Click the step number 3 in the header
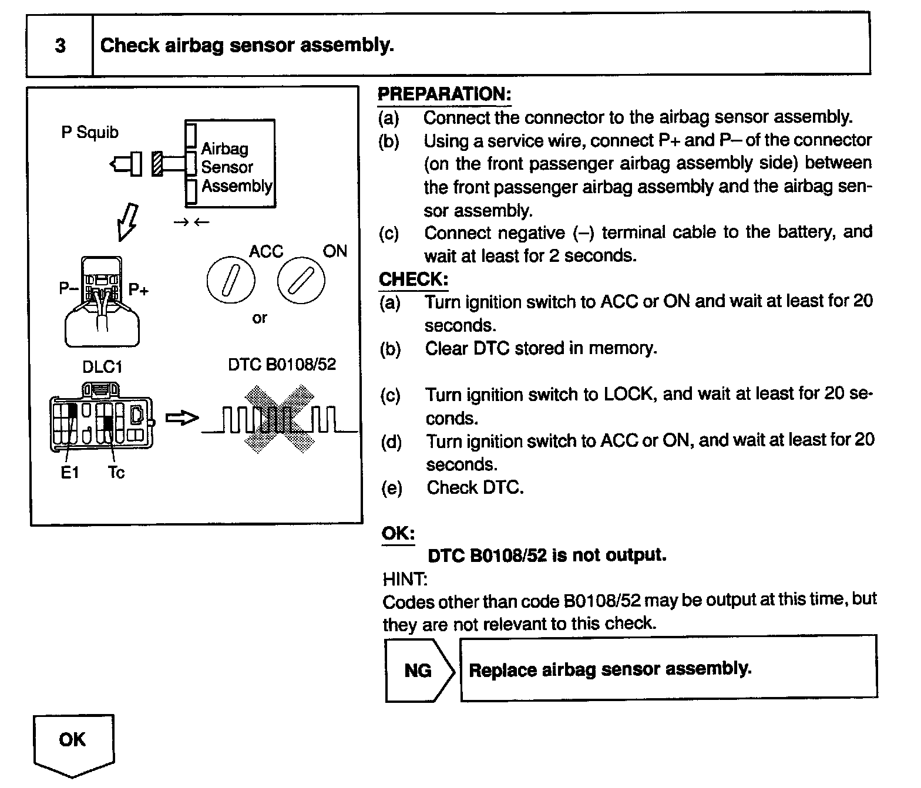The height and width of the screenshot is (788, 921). coord(60,46)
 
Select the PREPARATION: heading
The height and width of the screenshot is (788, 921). coord(444,95)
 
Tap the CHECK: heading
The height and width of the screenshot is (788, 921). coord(414,279)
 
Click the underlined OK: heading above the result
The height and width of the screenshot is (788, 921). coord(398,533)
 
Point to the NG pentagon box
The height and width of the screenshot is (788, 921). coord(419,670)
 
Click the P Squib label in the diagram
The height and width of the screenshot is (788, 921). coord(90,133)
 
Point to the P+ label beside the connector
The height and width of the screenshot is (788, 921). coord(139,289)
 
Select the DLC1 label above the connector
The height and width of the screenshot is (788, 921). coord(102,368)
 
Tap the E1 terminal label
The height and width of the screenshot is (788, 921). coord(69,473)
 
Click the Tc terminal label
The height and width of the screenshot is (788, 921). coord(116,473)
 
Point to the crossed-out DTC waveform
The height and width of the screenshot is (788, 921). coord(280,418)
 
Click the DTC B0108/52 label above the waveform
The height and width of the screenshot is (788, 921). coord(282,365)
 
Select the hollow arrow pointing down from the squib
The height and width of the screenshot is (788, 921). coord(127,221)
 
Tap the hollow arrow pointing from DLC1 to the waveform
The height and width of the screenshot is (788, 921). coord(182,418)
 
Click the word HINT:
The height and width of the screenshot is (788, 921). coord(405,580)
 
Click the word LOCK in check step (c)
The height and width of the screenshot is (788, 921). coord(628,394)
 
